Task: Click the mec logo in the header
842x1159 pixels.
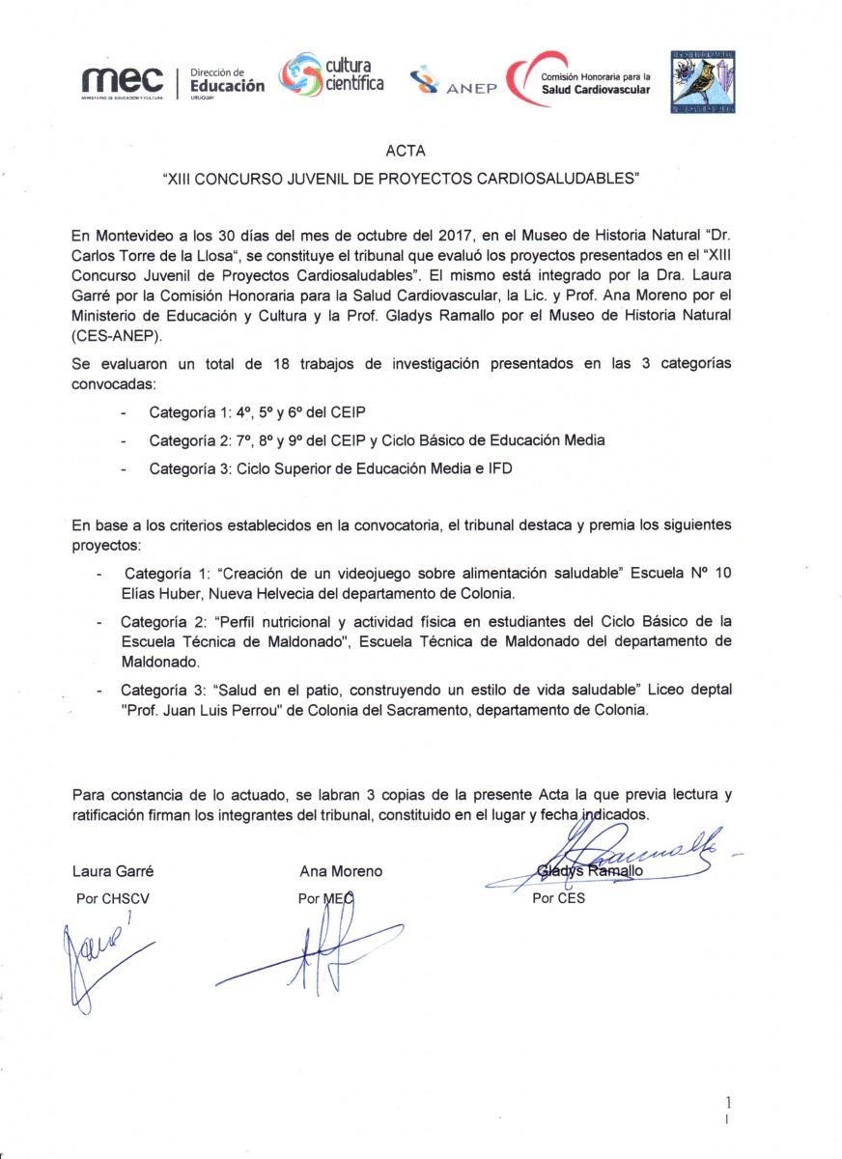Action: pos(121,82)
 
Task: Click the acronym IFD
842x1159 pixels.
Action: pos(497,468)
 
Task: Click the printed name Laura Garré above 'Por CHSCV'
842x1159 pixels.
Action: pos(113,870)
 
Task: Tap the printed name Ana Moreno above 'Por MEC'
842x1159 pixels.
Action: pos(341,870)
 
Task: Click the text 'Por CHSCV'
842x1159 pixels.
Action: pos(113,897)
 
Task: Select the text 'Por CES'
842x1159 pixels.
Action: pos(559,897)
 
